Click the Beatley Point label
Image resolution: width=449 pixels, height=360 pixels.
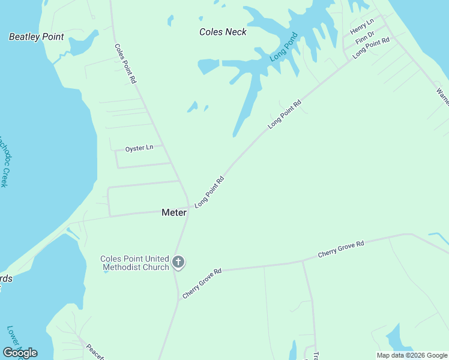click(36, 37)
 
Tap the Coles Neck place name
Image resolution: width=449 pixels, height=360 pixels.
click(223, 32)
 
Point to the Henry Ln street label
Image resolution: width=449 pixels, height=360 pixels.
click(362, 27)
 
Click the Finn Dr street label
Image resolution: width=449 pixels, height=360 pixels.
click(364, 40)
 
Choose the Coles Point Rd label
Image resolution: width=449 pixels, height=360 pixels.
click(125, 63)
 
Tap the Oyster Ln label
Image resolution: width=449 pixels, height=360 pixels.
click(139, 148)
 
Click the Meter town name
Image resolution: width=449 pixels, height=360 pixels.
click(174, 212)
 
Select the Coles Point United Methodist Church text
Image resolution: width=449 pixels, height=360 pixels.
click(134, 263)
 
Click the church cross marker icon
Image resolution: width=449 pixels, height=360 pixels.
click(178, 262)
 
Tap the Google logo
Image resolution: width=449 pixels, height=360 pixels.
click(20, 352)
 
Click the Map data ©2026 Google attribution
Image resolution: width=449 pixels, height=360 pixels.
click(412, 355)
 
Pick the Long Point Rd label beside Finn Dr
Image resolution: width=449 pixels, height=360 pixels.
click(372, 48)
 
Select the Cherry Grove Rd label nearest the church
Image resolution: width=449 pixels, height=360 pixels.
click(202, 284)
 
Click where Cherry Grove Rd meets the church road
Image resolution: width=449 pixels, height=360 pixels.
click(177, 272)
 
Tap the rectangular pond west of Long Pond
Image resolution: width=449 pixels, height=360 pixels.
click(208, 65)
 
